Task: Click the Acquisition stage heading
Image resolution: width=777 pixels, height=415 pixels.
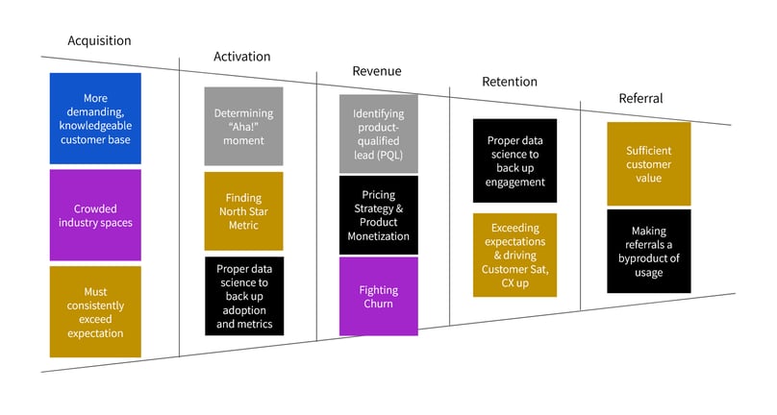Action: [99, 40]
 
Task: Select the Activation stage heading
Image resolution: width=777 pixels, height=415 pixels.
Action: [241, 57]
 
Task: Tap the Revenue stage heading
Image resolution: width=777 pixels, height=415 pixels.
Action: [377, 71]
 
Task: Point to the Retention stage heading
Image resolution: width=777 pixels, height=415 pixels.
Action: [510, 82]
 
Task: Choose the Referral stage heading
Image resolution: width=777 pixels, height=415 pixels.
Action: [640, 98]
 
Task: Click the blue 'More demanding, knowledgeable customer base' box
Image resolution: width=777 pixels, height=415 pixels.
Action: [95, 118]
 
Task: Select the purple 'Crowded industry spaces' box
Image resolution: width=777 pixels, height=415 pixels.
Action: [95, 215]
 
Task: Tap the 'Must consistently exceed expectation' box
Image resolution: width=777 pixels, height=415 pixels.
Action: [95, 311]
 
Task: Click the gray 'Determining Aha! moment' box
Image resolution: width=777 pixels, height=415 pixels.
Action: [244, 126]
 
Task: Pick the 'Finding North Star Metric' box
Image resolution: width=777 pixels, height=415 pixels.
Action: [244, 211]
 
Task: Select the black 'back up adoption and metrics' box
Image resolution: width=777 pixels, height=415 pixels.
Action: [244, 296]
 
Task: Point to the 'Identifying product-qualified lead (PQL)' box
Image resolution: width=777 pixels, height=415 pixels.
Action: [379, 134]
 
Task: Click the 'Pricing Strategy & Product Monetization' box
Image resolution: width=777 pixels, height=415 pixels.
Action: [379, 215]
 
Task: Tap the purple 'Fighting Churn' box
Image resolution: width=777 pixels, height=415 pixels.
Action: [379, 296]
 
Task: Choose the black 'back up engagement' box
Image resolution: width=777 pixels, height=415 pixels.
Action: [514, 160]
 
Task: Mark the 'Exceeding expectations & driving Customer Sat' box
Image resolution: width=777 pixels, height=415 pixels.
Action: [514, 255]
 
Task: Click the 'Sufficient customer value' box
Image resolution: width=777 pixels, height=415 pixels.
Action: [649, 164]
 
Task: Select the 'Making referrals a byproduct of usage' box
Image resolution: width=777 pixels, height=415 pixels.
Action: [649, 251]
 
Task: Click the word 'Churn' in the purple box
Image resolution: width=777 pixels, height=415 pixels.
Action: [378, 304]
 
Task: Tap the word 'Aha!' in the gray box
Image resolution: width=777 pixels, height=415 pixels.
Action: [243, 127]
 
